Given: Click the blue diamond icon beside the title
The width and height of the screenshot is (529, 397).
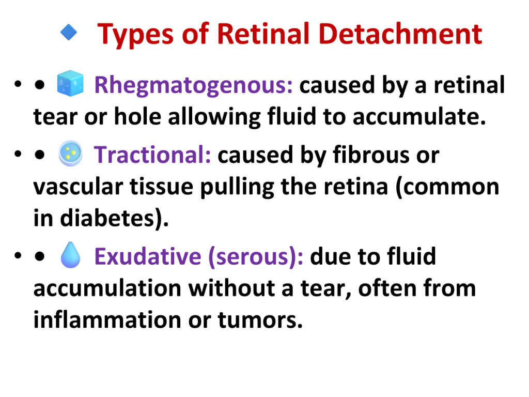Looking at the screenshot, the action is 69,33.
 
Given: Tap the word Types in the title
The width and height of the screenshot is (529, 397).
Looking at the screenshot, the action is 135,35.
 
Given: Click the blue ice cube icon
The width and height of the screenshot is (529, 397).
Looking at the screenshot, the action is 70,83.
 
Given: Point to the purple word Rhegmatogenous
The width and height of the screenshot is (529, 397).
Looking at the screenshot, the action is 193,86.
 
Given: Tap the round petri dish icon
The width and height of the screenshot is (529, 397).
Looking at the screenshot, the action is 70,154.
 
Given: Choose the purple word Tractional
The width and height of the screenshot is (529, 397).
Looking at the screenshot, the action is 152,155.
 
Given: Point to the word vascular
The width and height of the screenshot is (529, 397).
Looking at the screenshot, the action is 78,187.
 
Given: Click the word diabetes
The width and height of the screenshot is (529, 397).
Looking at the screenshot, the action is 107,219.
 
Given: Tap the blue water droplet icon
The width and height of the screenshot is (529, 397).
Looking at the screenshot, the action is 70,255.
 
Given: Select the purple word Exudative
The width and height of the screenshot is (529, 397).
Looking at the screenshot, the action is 148,256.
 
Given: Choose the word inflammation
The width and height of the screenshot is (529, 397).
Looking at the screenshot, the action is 107,319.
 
